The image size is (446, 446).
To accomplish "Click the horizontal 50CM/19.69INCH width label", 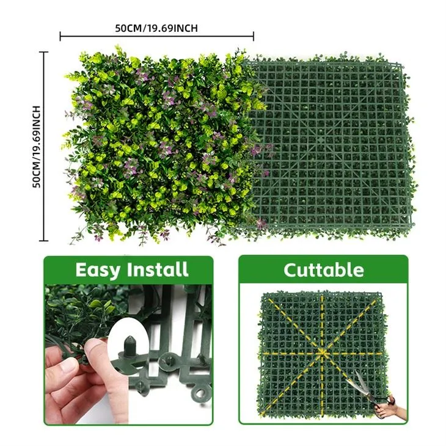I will [156, 28].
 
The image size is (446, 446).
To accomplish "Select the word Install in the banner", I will [157, 269].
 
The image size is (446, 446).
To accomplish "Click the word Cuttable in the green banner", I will [323, 269].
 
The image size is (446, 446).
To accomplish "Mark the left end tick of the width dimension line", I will [60, 36].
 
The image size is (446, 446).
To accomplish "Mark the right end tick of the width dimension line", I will [253, 36].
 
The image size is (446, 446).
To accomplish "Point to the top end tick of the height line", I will [44, 52].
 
